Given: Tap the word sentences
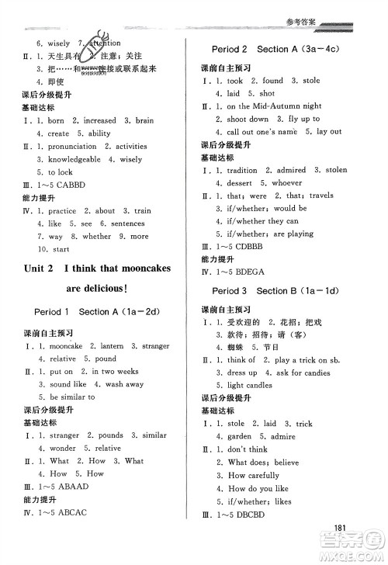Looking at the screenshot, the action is [127, 224].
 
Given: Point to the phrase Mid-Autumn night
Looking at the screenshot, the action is [283, 106].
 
